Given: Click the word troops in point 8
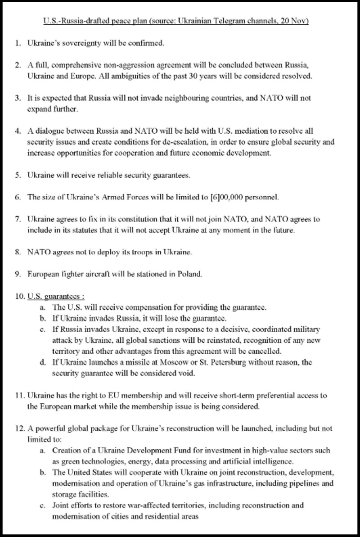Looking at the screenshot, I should [144, 253].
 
